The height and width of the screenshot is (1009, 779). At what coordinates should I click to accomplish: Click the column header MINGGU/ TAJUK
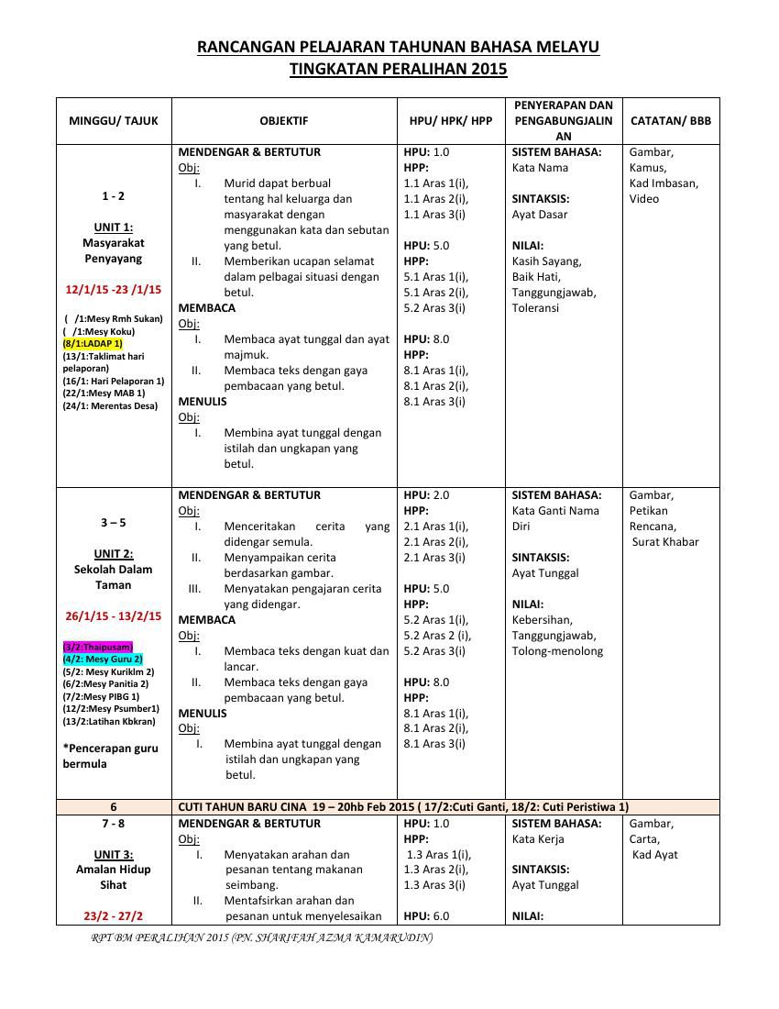114,120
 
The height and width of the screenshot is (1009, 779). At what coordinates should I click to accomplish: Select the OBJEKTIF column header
283,120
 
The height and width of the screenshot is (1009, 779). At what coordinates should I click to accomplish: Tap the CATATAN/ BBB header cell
670,120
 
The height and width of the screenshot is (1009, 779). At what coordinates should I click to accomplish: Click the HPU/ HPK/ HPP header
450,120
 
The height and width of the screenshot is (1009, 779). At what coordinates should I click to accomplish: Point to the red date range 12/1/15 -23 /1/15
114,289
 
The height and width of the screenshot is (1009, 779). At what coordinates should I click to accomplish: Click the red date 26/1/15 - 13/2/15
114,615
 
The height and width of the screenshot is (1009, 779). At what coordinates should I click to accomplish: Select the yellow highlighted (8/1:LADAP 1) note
93,343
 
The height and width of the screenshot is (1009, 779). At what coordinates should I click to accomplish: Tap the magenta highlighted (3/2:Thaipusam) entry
97,647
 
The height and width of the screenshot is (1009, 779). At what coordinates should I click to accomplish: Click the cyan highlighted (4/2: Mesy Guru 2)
103,659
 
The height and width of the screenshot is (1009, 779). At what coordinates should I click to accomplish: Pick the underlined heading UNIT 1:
114,227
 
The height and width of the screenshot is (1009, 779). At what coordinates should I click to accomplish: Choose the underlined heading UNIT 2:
114,554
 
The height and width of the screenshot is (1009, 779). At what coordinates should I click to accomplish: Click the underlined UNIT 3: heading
114,854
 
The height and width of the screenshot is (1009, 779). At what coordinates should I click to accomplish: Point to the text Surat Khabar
665,541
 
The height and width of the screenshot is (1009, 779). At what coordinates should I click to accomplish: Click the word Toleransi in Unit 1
535,308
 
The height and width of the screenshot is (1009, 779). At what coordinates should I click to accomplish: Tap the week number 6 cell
114,807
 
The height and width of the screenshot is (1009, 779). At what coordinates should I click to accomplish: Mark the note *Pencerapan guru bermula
110,756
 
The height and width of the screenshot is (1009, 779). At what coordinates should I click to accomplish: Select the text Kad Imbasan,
664,183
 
